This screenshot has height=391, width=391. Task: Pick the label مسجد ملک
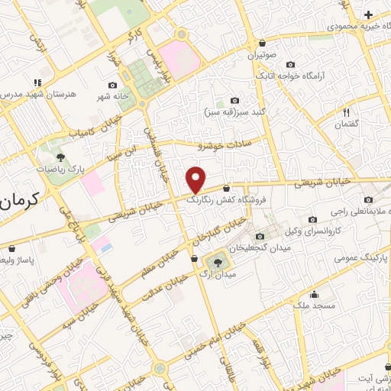[312, 306]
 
